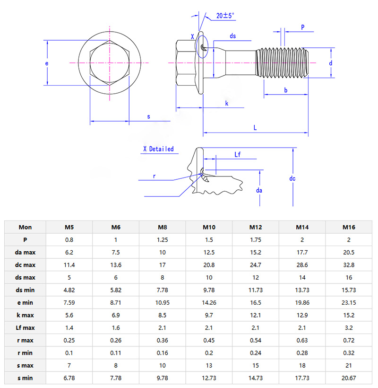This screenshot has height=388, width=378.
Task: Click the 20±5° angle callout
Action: click(225, 16)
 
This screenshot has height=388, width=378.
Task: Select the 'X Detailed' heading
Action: click(158, 149)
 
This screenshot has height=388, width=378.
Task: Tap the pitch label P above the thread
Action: click(302, 27)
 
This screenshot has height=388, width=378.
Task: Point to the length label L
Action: click(255, 128)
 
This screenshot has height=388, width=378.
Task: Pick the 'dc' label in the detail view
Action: click(292, 178)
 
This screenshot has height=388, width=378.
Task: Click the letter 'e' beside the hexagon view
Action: click(47, 63)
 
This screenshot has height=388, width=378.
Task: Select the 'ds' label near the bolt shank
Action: click(232, 36)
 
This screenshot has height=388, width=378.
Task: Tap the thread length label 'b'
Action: click(286, 90)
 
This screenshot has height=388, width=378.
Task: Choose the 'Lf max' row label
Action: click(25, 327)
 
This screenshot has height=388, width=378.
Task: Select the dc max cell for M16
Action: click(349, 265)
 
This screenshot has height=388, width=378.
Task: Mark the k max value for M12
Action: click(256, 315)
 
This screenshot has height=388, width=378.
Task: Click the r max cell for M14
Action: click(302, 340)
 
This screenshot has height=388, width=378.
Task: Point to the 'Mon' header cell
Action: click(25, 227)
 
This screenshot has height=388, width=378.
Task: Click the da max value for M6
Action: click(116, 252)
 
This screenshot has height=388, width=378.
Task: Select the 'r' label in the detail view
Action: click(154, 176)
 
